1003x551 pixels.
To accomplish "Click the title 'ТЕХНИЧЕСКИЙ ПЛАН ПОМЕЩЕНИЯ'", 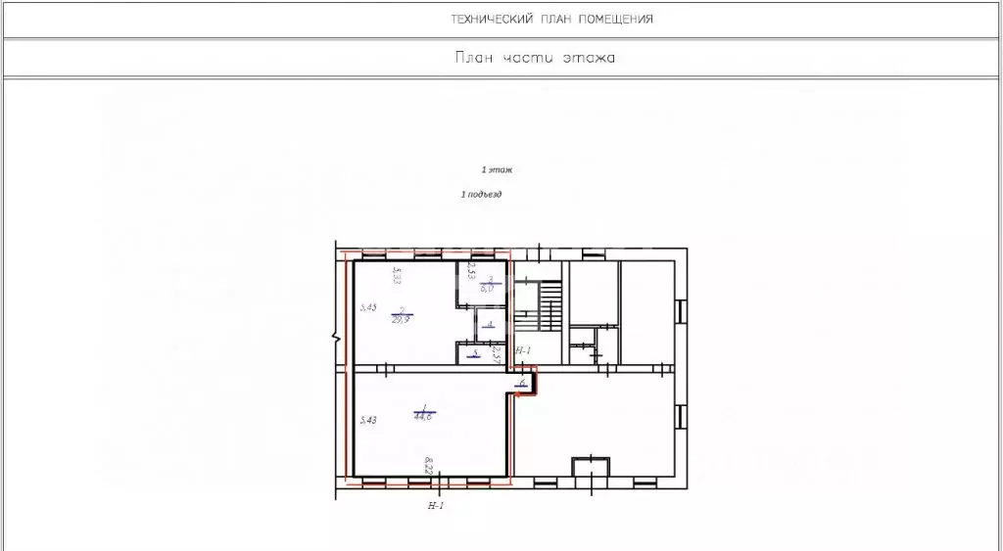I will click(x=551, y=20).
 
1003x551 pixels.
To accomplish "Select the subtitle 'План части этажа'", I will click(x=534, y=58).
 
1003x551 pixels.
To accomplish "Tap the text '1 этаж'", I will click(x=498, y=169).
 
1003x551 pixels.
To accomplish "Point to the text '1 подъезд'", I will click(x=481, y=195).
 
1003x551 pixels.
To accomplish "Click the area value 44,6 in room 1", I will click(x=425, y=416).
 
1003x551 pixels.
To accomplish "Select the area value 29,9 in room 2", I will click(x=400, y=318).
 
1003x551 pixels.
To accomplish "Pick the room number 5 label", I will click(x=475, y=352).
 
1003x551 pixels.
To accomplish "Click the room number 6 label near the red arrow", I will click(x=522, y=383).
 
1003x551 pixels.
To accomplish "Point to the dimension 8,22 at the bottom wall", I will click(x=428, y=465).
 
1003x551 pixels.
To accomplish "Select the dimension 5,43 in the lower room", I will click(x=368, y=420).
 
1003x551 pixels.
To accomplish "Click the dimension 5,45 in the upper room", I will click(x=367, y=307).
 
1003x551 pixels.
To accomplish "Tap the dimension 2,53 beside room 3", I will click(x=471, y=270).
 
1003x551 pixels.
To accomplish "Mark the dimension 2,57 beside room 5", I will click(x=497, y=354).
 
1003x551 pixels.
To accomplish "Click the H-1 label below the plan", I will click(x=437, y=506).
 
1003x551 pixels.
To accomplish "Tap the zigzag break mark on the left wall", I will click(x=335, y=338).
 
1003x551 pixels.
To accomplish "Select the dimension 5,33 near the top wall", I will click(x=397, y=275).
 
